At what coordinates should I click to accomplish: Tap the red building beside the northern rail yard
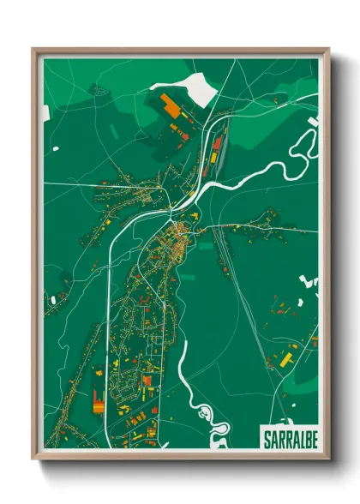tap(218, 142)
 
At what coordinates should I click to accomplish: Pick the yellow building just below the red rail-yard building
tap(212, 158)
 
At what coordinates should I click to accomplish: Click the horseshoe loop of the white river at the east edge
tap(302, 151)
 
